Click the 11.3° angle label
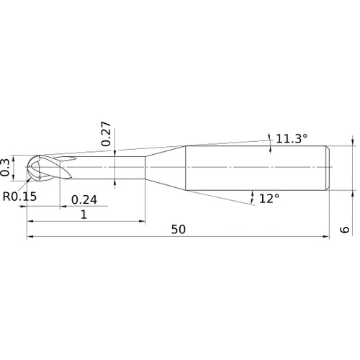coord(292,138)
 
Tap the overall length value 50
coord(179,229)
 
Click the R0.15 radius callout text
coord(19,196)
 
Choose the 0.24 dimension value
coord(85,199)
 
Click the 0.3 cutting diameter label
coord(6,167)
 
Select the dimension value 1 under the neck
coord(84,215)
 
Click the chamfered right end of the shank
coord(328,168)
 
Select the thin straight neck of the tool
coord(108,168)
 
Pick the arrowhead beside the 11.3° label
coord(269,140)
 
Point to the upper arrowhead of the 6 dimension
coord(353,143)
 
